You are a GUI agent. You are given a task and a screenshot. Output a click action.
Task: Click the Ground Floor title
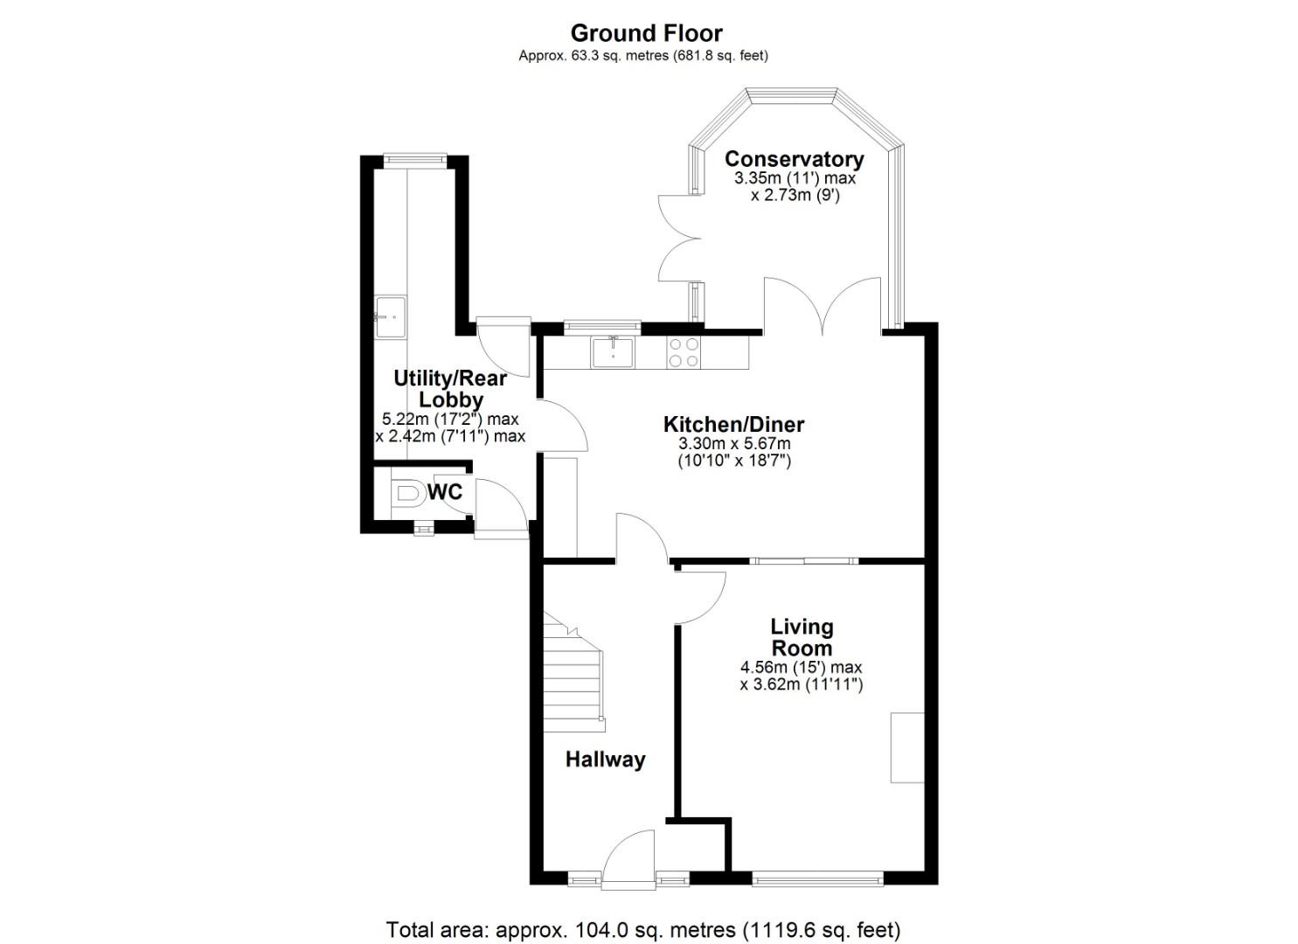point(646,33)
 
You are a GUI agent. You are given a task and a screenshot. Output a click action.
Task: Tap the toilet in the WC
point(406,494)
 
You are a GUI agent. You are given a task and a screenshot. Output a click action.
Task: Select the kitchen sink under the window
point(613,352)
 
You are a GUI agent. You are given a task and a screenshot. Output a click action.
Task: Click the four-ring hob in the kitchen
point(683,352)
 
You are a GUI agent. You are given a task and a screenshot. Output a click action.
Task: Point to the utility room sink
point(391,315)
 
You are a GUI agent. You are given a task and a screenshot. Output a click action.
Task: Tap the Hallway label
point(605,759)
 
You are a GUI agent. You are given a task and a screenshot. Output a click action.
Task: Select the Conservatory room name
point(794,159)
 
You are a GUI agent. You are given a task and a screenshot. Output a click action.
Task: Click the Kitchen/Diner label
point(733,425)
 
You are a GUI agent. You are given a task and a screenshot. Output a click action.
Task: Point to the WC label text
point(445,492)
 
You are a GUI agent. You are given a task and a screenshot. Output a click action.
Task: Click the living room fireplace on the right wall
point(906,747)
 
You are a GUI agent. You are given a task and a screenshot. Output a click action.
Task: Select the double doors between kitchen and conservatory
point(823,306)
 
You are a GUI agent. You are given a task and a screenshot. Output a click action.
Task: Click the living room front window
point(817,878)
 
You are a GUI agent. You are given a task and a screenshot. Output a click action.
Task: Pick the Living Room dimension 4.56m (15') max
point(801,667)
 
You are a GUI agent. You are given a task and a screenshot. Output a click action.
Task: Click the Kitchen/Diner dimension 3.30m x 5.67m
point(734,444)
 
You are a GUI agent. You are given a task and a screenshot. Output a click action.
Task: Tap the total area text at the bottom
point(642,928)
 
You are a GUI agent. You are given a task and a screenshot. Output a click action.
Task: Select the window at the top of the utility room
point(415,159)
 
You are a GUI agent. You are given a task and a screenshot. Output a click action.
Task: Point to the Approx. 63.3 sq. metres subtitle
point(642,55)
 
